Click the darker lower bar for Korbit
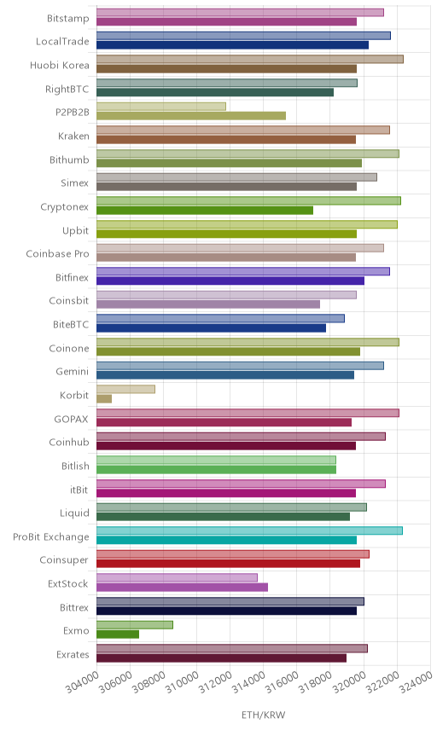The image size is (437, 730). click(x=104, y=399)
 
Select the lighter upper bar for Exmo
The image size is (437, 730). click(x=135, y=625)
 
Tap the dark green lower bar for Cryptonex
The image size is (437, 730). click(x=205, y=211)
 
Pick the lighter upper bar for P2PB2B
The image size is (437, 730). click(x=161, y=107)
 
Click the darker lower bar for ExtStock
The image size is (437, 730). click(x=182, y=587)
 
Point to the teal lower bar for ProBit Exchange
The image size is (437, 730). click(x=226, y=540)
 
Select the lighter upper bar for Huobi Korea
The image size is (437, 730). click(x=250, y=59)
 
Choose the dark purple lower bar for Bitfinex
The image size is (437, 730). click(x=230, y=281)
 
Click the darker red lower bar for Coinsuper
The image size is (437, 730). click(x=228, y=564)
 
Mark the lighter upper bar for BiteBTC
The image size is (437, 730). click(x=220, y=318)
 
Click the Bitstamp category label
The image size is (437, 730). click(x=67, y=19)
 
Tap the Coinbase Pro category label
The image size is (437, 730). click(x=57, y=254)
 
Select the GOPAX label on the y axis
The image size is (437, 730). click(x=71, y=419)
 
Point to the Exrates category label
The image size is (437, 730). click(x=73, y=655)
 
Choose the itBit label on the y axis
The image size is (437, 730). click(x=79, y=490)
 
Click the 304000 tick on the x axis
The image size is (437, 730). click(x=82, y=682)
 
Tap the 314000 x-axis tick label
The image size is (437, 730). click(x=248, y=682)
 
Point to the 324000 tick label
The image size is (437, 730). click(x=415, y=682)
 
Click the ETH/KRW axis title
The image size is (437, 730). click(x=263, y=715)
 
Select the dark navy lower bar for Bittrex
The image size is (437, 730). click(x=226, y=611)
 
